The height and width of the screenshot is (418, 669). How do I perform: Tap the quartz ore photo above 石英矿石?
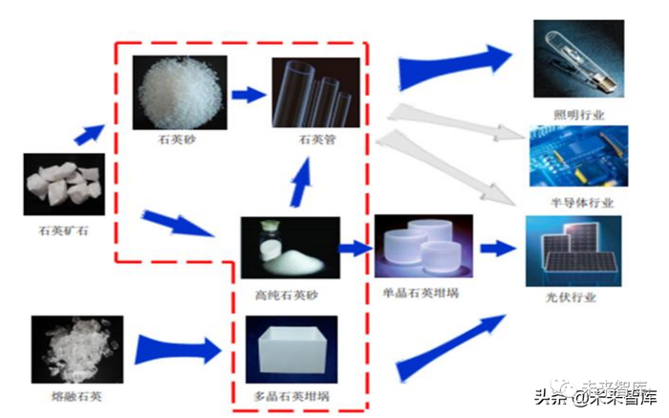[62, 183]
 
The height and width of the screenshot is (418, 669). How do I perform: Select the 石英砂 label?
[177, 138]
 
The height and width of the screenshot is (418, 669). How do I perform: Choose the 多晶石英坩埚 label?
[289, 394]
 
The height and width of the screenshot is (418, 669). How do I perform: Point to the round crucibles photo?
[422, 248]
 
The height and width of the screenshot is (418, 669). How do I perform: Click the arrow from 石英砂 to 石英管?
[248, 95]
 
